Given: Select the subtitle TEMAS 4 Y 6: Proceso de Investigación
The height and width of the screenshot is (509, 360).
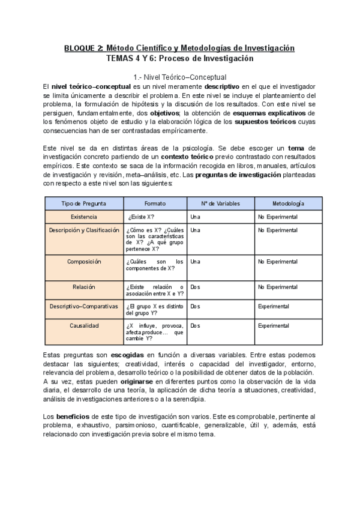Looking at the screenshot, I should pyautogui.click(x=180, y=59).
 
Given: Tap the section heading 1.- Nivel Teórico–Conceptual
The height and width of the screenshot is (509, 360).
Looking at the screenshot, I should pyautogui.click(x=180, y=77).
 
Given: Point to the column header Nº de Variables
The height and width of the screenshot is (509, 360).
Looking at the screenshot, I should pyautogui.click(x=220, y=203).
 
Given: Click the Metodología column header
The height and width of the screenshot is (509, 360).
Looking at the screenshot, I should pyautogui.click(x=287, y=203).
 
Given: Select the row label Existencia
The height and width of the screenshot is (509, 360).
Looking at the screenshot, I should pyautogui.click(x=84, y=217).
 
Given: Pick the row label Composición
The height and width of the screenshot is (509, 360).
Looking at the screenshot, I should pyautogui.click(x=84, y=262).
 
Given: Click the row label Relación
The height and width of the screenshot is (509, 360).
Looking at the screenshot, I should pyautogui.click(x=84, y=287).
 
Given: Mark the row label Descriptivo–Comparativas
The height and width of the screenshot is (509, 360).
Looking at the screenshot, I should pyautogui.click(x=84, y=306).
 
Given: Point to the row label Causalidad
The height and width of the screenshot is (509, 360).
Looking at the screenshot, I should pyautogui.click(x=84, y=325).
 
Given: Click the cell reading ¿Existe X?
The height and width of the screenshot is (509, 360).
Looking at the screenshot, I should pyautogui.click(x=142, y=217).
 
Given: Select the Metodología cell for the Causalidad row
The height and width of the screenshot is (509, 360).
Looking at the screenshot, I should pyautogui.click(x=273, y=325).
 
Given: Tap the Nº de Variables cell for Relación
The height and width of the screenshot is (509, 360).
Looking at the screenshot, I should pyautogui.click(x=195, y=288).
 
